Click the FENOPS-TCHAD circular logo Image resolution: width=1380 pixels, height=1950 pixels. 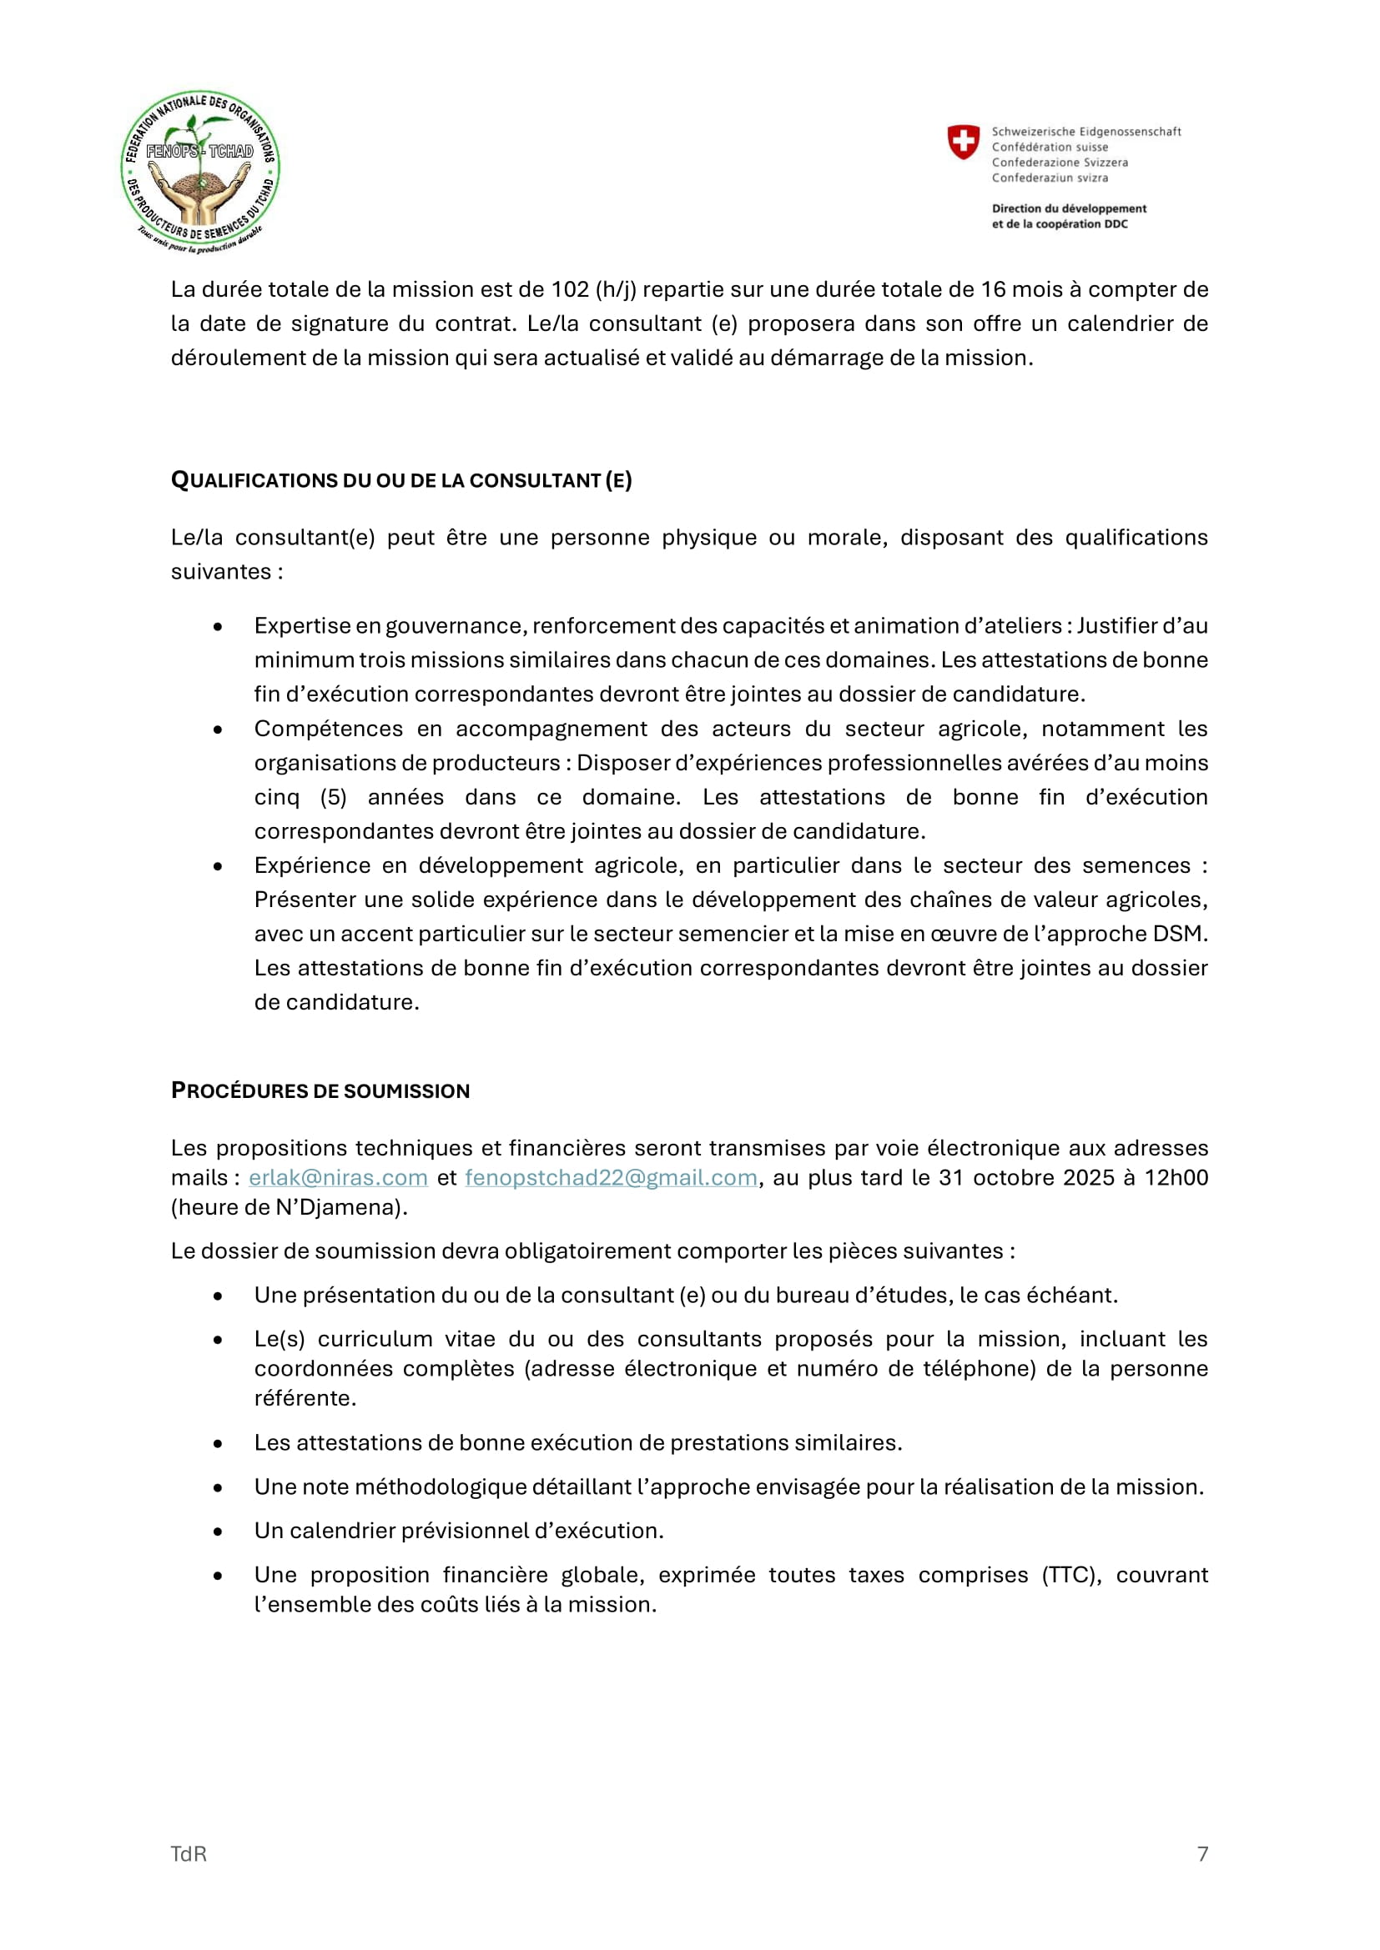pos(200,172)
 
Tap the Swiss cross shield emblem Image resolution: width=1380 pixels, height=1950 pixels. pos(963,142)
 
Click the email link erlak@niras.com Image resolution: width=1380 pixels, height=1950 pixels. pos(337,1177)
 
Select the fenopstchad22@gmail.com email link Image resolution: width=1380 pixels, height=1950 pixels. pos(610,1177)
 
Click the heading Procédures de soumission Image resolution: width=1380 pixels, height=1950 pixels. pos(320,1090)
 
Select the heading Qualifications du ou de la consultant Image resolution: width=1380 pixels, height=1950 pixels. pos(401,481)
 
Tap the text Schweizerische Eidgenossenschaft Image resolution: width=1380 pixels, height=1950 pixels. pos(1086,132)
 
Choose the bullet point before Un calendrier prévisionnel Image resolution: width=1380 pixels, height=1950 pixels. pos(219,1531)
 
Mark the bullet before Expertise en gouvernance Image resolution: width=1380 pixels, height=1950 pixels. pos(219,626)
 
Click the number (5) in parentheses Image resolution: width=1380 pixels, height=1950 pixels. pos(334,797)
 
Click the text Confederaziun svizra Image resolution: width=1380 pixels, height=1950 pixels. pos(1050,178)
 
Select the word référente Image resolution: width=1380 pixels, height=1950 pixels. pos(305,1398)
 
